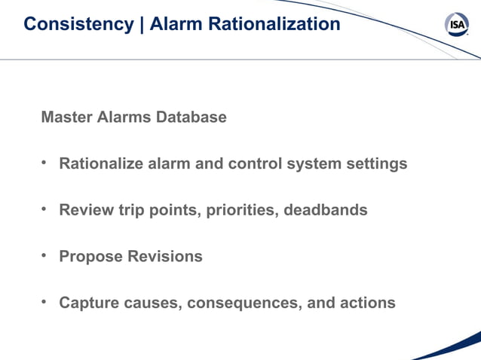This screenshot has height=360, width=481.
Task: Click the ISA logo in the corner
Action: pyautogui.click(x=457, y=25)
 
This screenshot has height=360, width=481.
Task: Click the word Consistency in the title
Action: pyautogui.click(x=78, y=24)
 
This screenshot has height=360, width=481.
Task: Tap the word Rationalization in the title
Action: pyautogui.click(x=281, y=24)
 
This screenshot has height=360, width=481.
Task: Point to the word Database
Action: pyautogui.click(x=191, y=117)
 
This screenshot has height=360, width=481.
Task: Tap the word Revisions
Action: pyautogui.click(x=164, y=256)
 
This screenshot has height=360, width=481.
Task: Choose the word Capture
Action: pyautogui.click(x=88, y=303)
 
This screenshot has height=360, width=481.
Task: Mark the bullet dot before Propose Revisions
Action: pyautogui.click(x=44, y=255)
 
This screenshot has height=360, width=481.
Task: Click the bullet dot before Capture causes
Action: pyautogui.click(x=44, y=302)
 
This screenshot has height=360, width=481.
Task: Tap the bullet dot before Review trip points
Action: pyautogui.click(x=44, y=209)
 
